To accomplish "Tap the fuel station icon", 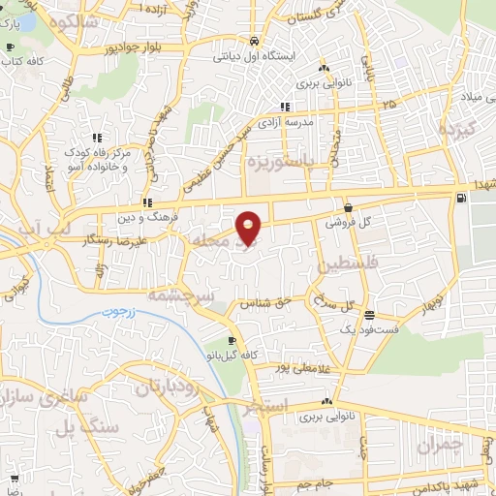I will coord(460,201).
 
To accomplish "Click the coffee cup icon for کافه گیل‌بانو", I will coord(231,341).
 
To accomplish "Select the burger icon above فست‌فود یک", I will coord(369,314).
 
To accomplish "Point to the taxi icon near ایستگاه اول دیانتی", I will coord(253,42).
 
